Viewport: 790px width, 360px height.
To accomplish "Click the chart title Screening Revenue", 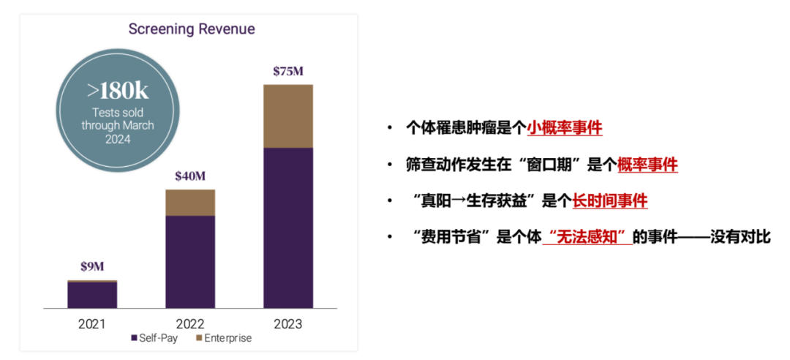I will point(192,29).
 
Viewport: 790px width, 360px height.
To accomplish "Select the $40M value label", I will point(190,176).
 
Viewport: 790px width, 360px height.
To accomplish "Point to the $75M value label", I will point(287,72).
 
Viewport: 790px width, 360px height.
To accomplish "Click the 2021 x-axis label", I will point(92,323).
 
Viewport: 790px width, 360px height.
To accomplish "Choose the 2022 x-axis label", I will point(190,323).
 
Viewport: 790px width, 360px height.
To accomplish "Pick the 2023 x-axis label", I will point(287,323).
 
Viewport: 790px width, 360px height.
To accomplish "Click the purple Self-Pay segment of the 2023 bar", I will point(287,227).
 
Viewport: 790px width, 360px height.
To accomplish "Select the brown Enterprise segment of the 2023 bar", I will point(287,116).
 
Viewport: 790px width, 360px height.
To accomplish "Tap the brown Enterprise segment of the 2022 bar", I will point(190,203).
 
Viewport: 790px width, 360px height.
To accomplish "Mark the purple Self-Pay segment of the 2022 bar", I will point(190,261).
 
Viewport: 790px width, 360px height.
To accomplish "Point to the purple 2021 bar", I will point(92,295).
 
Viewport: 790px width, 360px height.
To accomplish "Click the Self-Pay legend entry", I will point(154,339).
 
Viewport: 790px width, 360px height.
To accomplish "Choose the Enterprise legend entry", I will point(223,339).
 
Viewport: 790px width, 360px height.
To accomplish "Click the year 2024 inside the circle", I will point(117,139).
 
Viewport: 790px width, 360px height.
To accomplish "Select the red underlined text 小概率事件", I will point(564,128).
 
